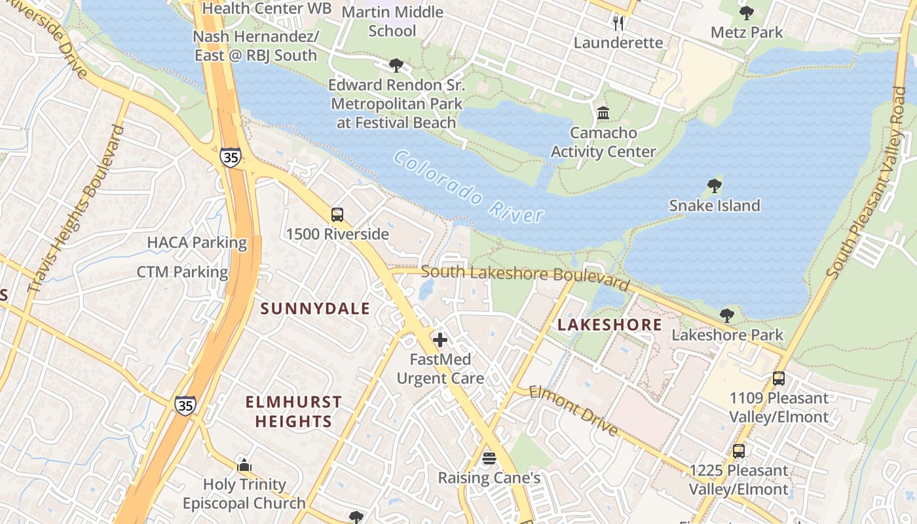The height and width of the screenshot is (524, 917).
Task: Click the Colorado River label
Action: [x=469, y=187]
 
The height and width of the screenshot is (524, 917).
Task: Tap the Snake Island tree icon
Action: [x=715, y=186]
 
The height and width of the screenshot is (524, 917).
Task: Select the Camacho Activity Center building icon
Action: [x=603, y=113]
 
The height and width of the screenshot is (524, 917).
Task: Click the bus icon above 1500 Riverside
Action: [x=337, y=215]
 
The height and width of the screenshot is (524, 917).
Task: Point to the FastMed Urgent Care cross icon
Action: [x=440, y=340]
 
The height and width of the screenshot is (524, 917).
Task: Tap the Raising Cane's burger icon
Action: [x=489, y=458]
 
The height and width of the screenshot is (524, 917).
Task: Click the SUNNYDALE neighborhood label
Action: [x=316, y=309]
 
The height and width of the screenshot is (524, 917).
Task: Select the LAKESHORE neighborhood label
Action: [x=609, y=325]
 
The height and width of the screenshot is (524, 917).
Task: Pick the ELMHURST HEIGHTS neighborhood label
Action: [x=293, y=411]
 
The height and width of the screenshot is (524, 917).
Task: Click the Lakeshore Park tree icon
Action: [x=726, y=316]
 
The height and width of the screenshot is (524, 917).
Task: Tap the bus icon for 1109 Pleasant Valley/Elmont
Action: [x=778, y=379]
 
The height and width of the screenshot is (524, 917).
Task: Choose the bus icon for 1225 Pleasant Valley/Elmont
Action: [x=738, y=451]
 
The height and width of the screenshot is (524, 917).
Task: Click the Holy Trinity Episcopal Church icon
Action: [x=244, y=466]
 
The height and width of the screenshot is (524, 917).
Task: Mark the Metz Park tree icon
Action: [x=746, y=13]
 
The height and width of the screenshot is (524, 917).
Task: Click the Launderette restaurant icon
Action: [x=618, y=24]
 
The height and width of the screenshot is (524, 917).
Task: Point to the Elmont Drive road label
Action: [x=573, y=411]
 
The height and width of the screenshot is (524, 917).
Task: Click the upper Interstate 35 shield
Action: [x=230, y=157]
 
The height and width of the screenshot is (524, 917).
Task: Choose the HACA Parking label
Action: [x=196, y=242]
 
